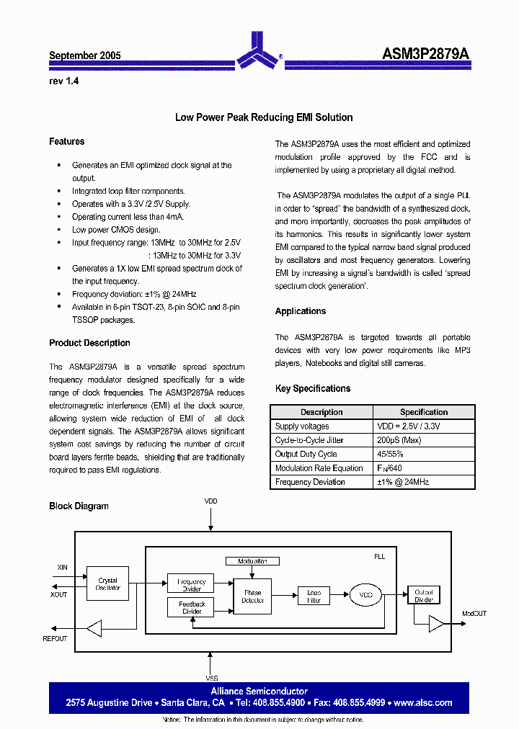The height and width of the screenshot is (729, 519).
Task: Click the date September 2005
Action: (x=84, y=55)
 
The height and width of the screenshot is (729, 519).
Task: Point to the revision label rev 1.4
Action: (x=63, y=81)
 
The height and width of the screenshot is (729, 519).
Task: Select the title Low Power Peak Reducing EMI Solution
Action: (x=264, y=117)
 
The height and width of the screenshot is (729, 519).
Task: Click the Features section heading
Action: (x=66, y=142)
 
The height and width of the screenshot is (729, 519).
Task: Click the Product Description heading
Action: (x=89, y=343)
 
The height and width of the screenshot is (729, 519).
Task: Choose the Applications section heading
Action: (x=300, y=311)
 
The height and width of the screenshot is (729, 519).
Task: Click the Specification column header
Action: (x=423, y=412)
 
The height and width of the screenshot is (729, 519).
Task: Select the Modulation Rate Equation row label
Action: (x=319, y=468)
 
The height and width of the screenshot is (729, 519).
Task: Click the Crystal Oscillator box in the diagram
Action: (x=108, y=584)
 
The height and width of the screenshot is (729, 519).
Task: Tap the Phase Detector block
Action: (x=253, y=596)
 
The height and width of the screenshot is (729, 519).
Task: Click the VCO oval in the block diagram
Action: (x=365, y=595)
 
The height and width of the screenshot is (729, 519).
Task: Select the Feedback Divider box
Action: (x=192, y=608)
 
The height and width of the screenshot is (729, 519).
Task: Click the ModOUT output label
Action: (x=474, y=614)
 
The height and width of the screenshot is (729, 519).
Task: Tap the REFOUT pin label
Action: (x=55, y=639)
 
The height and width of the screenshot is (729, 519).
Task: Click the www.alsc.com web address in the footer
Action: (x=424, y=702)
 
